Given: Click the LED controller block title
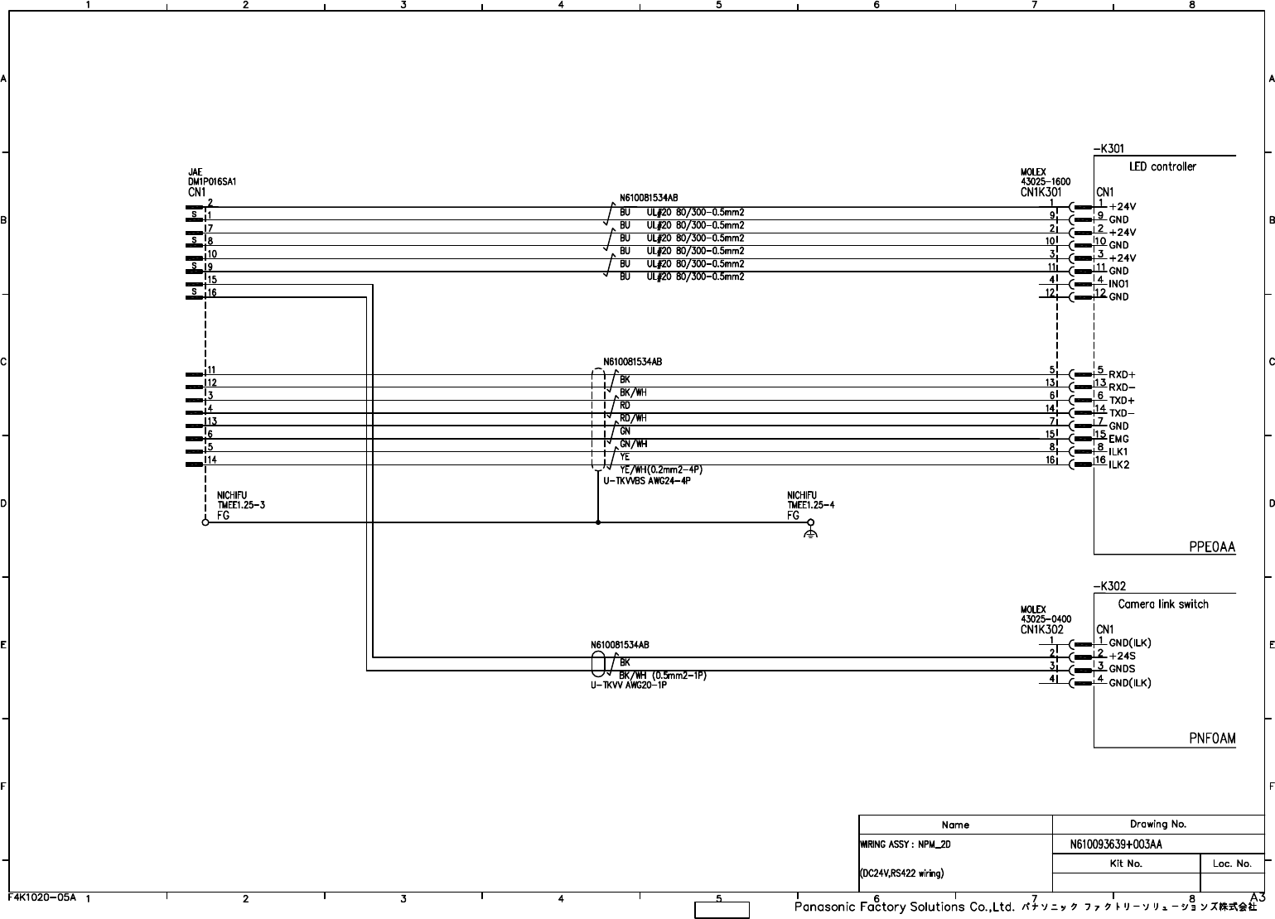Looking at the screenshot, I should pyautogui.click(x=1162, y=166).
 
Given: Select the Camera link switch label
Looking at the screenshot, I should pyautogui.click(x=1162, y=604).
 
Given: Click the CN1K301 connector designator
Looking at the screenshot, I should pyautogui.click(x=1041, y=192).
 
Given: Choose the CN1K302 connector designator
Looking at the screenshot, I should pyautogui.click(x=1041, y=629).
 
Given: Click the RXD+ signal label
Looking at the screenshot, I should pyautogui.click(x=1122, y=375).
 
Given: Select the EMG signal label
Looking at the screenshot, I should pyautogui.click(x=1118, y=439).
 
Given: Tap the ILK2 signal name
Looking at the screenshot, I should pyautogui.click(x=1119, y=464).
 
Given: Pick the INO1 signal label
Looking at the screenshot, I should pyautogui.click(x=1118, y=284).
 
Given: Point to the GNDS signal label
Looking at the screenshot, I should pyautogui.click(x=1122, y=669).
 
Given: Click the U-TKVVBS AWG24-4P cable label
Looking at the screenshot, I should pyautogui.click(x=647, y=481).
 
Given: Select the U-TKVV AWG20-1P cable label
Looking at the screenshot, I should pyautogui.click(x=629, y=685).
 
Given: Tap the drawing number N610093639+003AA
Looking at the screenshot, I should pyautogui.click(x=1116, y=844).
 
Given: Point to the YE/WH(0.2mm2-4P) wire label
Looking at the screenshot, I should pyautogui.click(x=661, y=469).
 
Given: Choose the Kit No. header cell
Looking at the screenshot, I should pyautogui.click(x=1125, y=864).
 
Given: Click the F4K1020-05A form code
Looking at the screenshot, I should pyautogui.click(x=42, y=897).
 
